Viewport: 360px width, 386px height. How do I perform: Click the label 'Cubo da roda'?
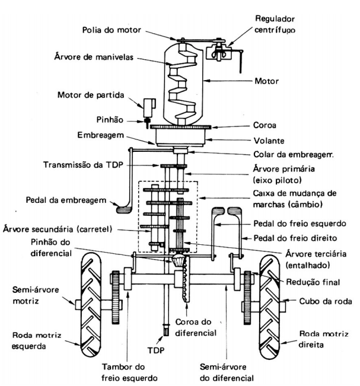326,301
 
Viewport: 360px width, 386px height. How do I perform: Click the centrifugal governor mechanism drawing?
222,47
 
